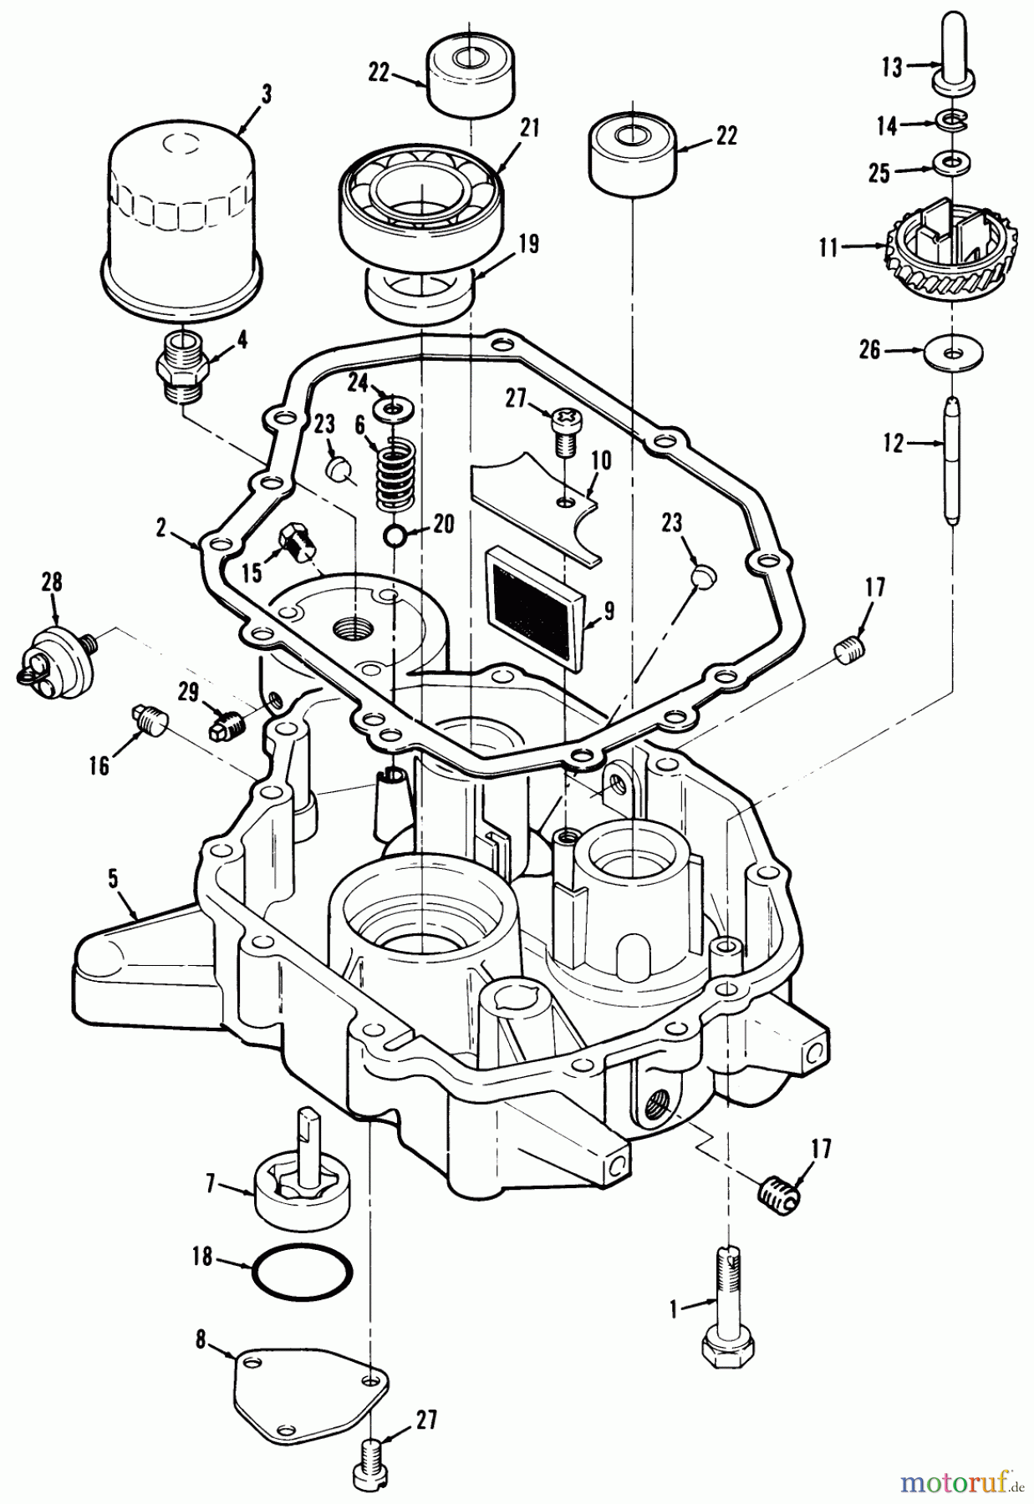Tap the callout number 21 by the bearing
tap(528, 128)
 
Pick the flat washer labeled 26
tap(955, 353)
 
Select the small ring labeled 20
tap(395, 535)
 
